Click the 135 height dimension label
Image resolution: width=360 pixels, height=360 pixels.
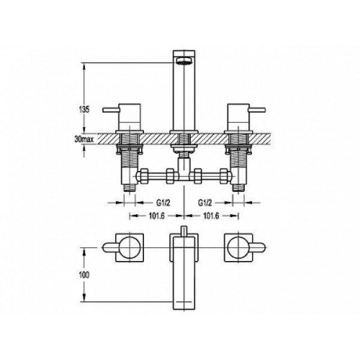[x=84, y=110]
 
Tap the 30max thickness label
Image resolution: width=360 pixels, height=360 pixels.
[x=84, y=139]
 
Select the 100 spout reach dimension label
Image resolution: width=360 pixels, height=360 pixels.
[x=84, y=275]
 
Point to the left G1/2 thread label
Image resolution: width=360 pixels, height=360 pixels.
[x=163, y=203]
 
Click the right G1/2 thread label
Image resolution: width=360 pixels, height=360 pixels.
[x=205, y=203]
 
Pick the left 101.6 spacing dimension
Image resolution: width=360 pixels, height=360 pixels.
[x=157, y=216]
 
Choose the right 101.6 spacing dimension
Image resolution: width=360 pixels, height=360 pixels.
[x=211, y=216]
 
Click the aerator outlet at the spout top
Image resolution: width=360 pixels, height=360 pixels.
[x=184, y=61]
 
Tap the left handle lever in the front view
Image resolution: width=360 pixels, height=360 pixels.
[x=111, y=110]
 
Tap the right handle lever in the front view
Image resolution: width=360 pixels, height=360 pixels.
[x=257, y=110]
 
